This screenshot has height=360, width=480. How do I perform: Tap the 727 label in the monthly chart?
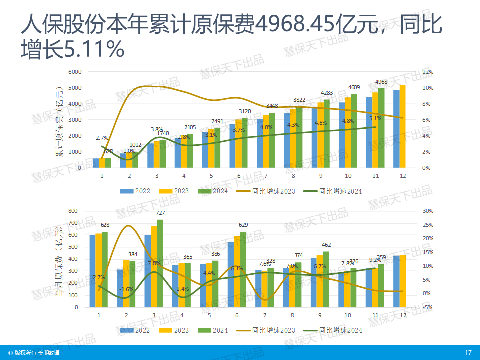(160, 213)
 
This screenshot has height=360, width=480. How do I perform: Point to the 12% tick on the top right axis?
(427, 72)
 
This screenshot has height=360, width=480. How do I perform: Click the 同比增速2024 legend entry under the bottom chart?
(340, 330)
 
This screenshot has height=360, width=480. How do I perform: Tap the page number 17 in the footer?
(468, 353)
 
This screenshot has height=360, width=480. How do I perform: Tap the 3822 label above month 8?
(299, 100)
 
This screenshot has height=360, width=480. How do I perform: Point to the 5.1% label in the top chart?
(375, 118)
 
